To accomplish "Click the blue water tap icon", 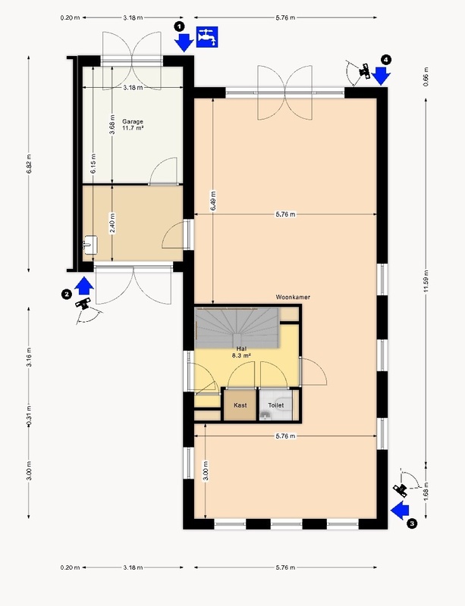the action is pos(207,37).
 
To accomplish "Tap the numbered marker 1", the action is pos(179,27).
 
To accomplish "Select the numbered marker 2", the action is pos(67,295).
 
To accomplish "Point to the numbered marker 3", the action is pos(412,524).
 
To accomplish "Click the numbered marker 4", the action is pos(386,60).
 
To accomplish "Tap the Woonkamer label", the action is pos(293,297).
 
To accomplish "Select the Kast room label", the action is pos(240,405).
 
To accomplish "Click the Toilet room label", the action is pos(276,405).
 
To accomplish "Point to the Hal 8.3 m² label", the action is pos(241,352).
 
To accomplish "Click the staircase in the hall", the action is pos(237,327).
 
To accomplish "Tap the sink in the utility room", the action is pos(90,245).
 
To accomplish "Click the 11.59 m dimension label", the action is pos(426,281).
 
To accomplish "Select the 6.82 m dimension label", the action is pos(29,164).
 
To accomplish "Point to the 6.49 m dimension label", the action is pos(213,201).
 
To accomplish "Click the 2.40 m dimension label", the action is pos(112,223).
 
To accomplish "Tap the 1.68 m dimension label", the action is pos(426,492).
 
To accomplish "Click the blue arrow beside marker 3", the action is pos(400,511).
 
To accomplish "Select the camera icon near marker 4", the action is pos(365,70).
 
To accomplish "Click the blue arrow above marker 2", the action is pos(84,286).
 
